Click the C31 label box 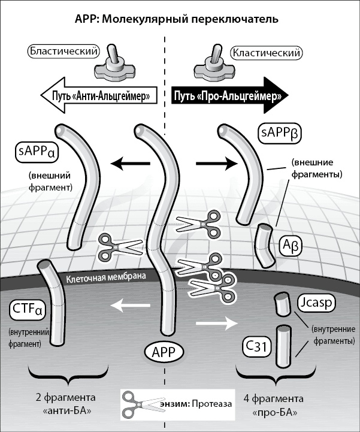click(x=256, y=345)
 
